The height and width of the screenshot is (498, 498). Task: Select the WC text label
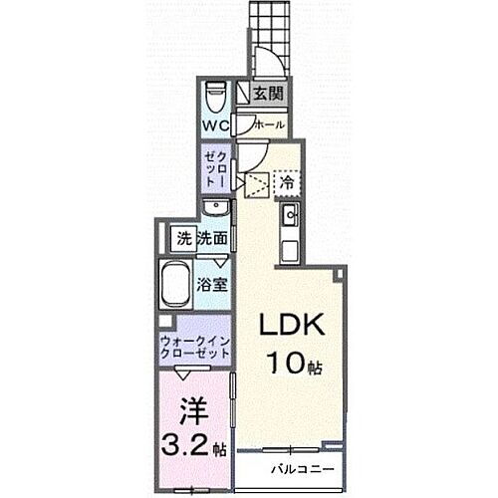click(217, 126)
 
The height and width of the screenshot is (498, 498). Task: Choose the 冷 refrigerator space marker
click(287, 182)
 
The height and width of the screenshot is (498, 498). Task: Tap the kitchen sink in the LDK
click(291, 216)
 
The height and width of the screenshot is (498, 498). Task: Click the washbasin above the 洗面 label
click(213, 208)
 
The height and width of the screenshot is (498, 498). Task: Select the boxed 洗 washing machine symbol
click(183, 238)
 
